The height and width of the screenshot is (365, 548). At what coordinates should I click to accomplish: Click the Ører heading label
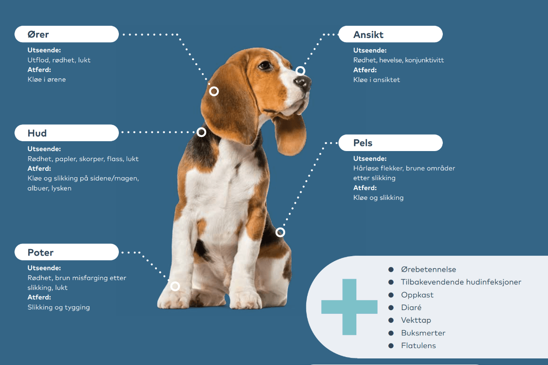(x=39, y=35)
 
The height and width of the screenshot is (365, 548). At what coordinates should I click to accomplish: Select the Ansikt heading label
(x=369, y=35)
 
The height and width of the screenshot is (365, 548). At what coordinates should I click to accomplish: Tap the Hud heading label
(x=37, y=133)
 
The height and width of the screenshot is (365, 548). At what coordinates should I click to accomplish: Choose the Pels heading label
(x=363, y=143)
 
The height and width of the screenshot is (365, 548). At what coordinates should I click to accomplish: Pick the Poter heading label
(x=41, y=252)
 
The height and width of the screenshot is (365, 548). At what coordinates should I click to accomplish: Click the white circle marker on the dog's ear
(x=214, y=91)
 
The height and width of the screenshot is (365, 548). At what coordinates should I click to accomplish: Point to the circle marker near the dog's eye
(x=300, y=71)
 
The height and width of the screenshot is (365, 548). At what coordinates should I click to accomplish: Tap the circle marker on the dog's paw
(x=175, y=286)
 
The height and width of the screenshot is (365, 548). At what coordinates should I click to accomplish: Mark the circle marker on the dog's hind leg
(x=280, y=232)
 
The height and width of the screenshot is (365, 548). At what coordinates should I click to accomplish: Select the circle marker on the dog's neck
(x=201, y=132)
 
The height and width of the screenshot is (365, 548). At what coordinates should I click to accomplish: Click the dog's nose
(x=304, y=83)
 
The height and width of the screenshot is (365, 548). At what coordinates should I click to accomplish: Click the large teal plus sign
(x=349, y=307)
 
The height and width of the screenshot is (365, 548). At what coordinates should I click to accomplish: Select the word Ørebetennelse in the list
(x=428, y=270)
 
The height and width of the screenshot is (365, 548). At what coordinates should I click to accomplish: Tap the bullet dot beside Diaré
(x=391, y=308)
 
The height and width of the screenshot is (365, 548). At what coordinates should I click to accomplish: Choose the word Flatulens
(x=418, y=346)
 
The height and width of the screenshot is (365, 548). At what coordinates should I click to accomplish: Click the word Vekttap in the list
(x=416, y=320)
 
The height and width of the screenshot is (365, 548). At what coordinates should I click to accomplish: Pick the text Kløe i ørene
(x=47, y=80)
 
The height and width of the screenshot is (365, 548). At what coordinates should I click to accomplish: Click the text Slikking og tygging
(x=59, y=308)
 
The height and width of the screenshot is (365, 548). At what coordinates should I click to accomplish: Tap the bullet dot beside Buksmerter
(x=391, y=333)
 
